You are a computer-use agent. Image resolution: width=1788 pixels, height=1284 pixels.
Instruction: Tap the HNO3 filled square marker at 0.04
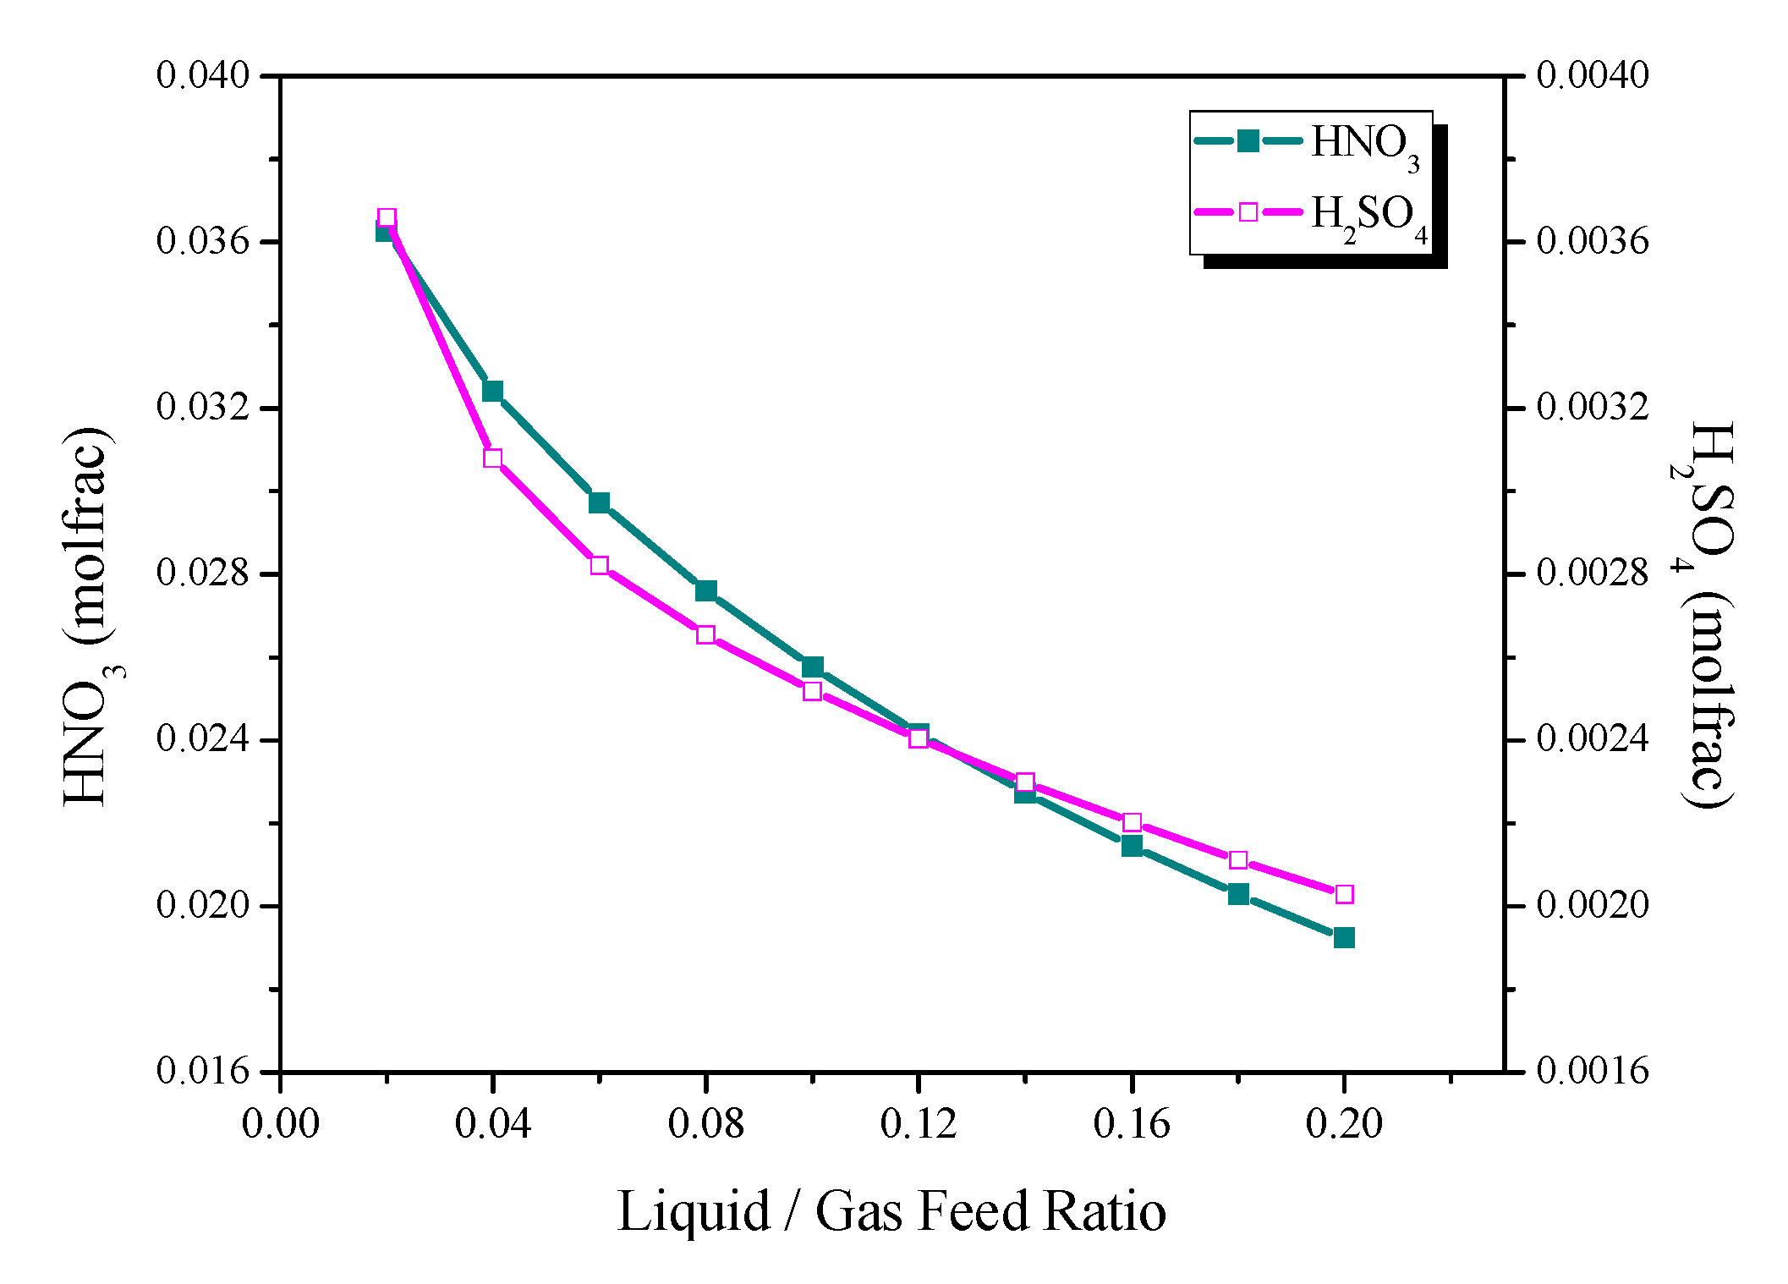click(493, 391)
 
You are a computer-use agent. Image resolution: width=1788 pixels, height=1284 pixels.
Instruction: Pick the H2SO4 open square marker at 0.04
click(493, 458)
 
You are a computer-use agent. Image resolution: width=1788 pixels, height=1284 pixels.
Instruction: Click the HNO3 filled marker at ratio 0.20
click(1344, 937)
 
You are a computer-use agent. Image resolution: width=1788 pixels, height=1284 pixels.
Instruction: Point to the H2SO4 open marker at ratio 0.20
click(1344, 894)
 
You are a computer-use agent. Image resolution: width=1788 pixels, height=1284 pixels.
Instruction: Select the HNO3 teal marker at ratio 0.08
click(706, 590)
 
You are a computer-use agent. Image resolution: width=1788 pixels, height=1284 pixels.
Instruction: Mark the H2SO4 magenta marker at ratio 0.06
click(600, 565)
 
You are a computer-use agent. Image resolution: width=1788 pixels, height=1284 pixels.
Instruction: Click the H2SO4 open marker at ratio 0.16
click(1132, 822)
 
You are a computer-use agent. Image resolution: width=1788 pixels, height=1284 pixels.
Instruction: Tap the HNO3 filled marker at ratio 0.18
click(1238, 894)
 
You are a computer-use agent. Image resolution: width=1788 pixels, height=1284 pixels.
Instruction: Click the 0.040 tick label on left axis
click(204, 75)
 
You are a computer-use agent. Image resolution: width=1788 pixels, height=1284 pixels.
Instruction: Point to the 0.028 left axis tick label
click(204, 573)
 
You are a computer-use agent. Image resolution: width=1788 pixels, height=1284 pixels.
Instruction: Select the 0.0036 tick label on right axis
click(1592, 242)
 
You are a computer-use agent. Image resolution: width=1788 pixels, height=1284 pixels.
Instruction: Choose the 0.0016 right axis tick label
click(1592, 1072)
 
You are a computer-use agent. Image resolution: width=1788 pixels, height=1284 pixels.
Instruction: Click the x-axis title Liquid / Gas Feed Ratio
click(891, 1211)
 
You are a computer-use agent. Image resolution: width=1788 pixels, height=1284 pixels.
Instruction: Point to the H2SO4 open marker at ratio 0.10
click(812, 691)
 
